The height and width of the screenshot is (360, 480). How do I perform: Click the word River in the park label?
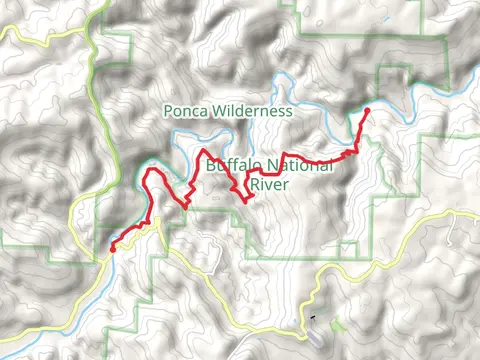(268, 184)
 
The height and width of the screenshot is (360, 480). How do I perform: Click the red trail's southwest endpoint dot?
(112, 248)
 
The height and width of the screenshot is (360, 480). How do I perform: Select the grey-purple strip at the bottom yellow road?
(316, 336)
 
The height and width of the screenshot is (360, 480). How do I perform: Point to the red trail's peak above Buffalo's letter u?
(205, 151)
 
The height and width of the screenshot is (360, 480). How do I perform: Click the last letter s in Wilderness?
(289, 112)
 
